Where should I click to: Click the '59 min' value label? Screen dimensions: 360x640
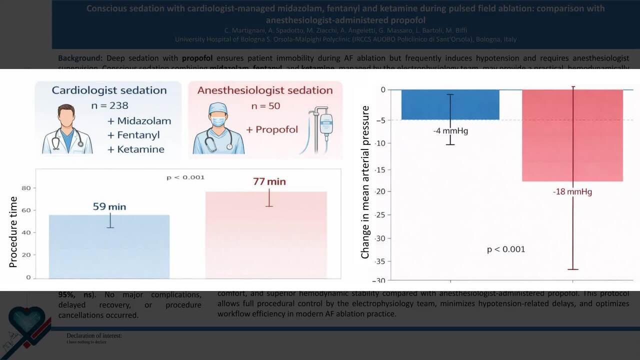[x=109, y=206]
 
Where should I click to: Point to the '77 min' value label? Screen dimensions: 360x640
[x=269, y=181]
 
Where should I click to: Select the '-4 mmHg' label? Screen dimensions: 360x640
[x=450, y=131]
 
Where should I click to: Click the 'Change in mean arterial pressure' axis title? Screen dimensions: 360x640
[x=365, y=182]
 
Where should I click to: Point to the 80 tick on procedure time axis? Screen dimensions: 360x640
[x=25, y=188]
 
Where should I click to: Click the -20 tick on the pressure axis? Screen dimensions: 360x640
[x=379, y=192]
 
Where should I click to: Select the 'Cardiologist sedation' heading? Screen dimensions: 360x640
[x=109, y=90]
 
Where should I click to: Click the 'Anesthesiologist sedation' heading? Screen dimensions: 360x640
[x=265, y=90]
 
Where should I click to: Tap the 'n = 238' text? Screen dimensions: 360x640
[x=109, y=105]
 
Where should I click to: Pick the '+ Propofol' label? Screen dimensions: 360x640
[x=271, y=129]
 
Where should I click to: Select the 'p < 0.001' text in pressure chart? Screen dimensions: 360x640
[x=506, y=249]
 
